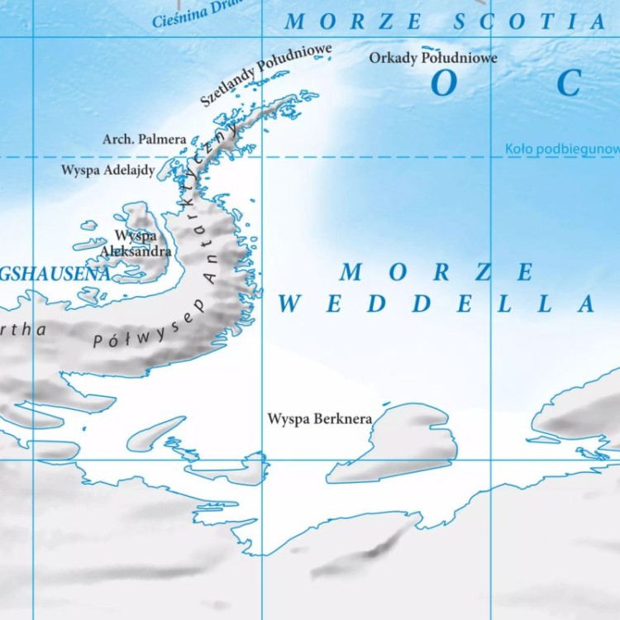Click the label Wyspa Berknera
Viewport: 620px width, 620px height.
[319, 419]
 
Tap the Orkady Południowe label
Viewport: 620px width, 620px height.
[433, 58]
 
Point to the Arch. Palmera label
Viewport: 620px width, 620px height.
[144, 140]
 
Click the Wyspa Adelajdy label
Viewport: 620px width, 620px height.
[107, 170]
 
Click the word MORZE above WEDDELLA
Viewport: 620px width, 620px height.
[436, 272]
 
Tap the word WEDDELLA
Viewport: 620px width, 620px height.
[436, 304]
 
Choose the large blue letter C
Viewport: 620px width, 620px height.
[570, 83]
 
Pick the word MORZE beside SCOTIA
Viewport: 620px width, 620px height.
[353, 22]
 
